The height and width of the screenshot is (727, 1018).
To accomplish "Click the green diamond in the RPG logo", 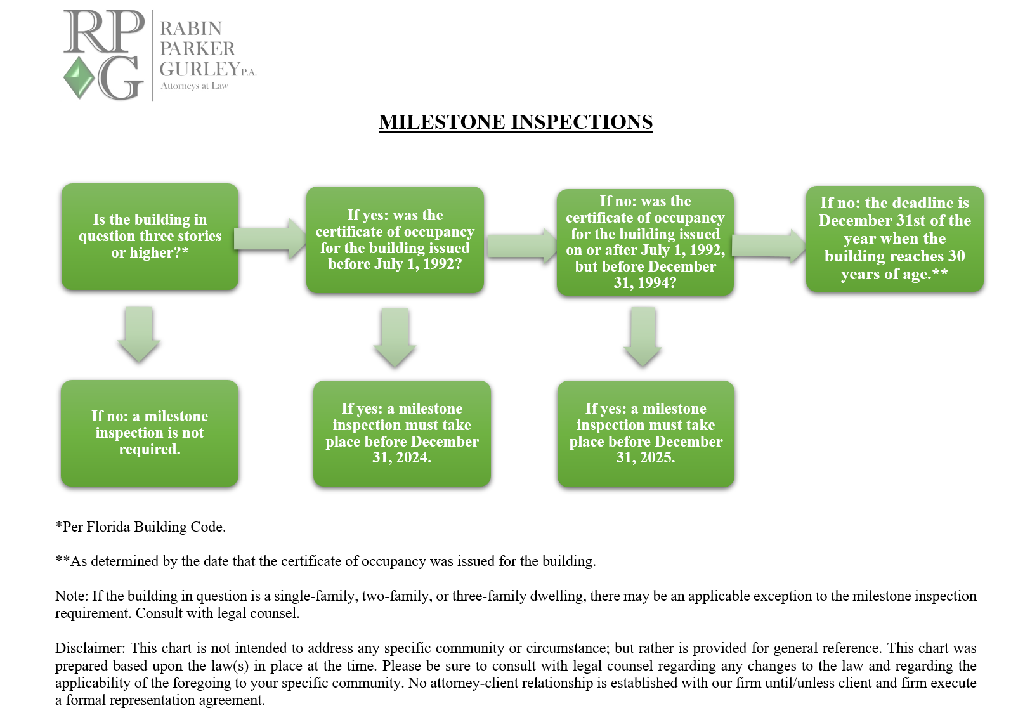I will click(x=79, y=77).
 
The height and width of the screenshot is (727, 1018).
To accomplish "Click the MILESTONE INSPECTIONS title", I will click(x=516, y=122).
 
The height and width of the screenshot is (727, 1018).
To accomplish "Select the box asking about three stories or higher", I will click(x=150, y=237).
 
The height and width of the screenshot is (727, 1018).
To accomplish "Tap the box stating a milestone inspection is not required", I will click(x=150, y=433).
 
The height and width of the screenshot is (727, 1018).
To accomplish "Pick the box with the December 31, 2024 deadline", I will click(x=401, y=433).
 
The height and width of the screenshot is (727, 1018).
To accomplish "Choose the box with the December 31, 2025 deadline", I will click(x=646, y=433).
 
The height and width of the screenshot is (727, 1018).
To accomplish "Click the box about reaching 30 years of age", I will click(x=894, y=239).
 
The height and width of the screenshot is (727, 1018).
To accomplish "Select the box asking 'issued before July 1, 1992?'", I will click(x=395, y=240).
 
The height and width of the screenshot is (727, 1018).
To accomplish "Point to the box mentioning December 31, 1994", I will click(x=645, y=242).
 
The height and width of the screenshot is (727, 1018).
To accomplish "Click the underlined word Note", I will click(x=70, y=596).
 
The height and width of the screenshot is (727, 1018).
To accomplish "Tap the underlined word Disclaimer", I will click(x=88, y=648).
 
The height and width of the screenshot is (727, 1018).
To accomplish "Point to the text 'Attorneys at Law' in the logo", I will click(x=194, y=86).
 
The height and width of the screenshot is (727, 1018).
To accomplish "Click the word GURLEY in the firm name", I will click(x=200, y=69).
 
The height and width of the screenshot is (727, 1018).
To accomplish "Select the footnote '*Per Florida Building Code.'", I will click(x=141, y=527).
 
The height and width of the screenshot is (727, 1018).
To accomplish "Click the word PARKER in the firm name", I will click(x=197, y=49).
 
